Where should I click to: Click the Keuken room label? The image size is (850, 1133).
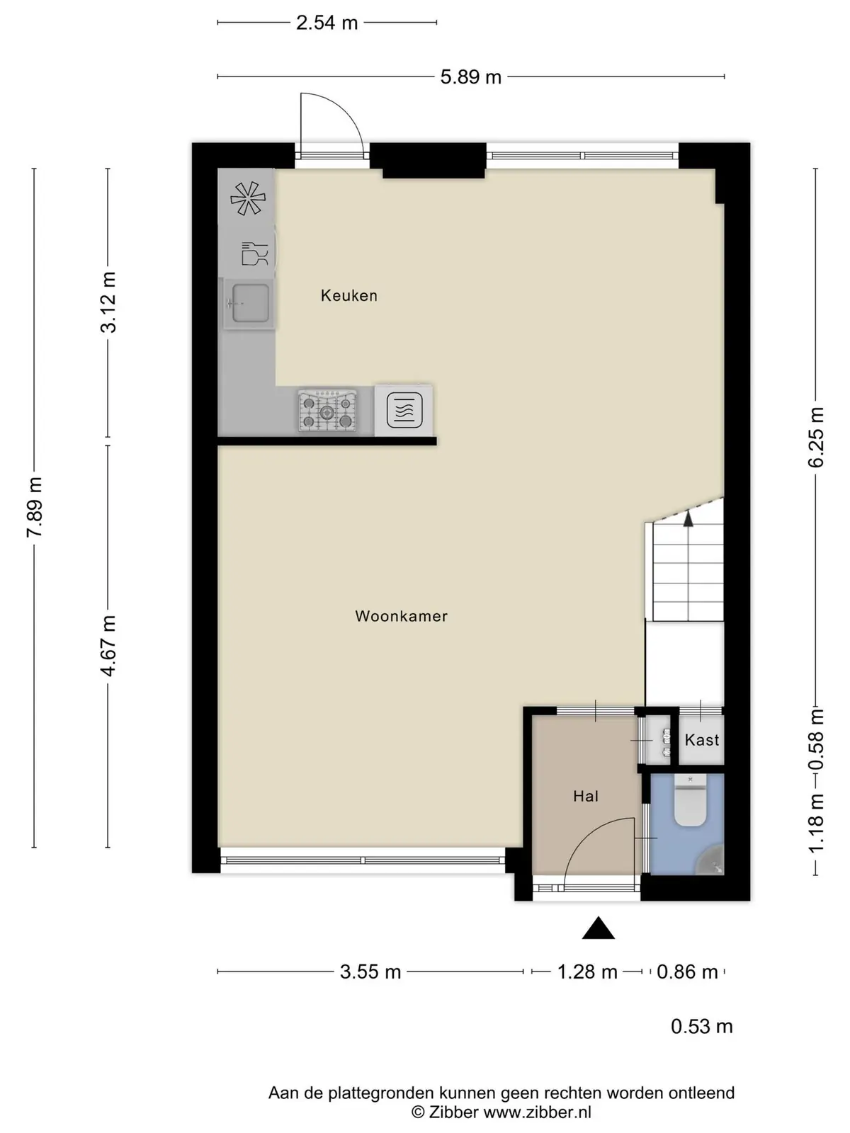tap(349, 295)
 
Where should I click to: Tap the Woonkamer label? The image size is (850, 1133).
tap(401, 616)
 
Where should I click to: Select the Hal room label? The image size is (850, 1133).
tap(586, 796)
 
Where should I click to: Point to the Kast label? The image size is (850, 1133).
tap(702, 740)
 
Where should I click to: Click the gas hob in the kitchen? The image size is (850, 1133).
tap(327, 410)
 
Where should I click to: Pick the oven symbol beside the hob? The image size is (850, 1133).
tap(404, 410)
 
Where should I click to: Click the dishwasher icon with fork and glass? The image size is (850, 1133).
tap(254, 254)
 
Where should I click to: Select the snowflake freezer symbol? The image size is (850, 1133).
tap(248, 199)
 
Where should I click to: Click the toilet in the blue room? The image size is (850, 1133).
tap(690, 799)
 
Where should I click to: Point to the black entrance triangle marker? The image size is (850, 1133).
tap(598, 928)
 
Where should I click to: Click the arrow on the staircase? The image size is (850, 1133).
tap(688, 518)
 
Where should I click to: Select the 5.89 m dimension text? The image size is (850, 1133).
tap(470, 77)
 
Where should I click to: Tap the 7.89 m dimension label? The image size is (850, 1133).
tap(35, 507)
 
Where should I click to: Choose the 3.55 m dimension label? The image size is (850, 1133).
tap(370, 972)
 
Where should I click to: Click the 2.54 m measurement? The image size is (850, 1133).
tap(327, 23)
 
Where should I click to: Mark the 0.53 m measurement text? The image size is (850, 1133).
tap(702, 1026)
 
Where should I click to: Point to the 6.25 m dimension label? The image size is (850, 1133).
tap(816, 437)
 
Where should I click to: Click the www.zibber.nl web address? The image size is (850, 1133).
tap(537, 1111)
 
